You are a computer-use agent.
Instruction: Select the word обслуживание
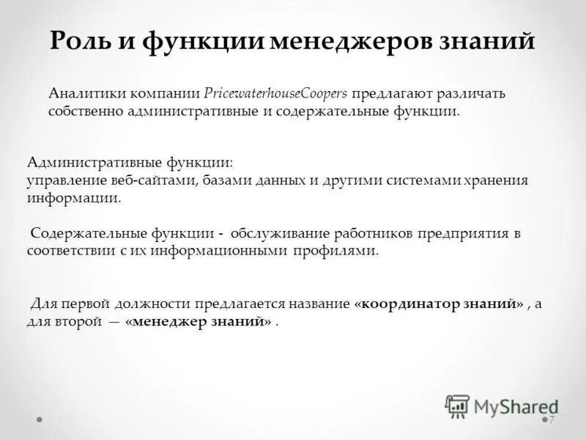click(x=281, y=234)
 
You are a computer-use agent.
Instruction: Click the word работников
click(x=374, y=234)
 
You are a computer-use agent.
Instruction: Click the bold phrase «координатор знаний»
click(x=439, y=304)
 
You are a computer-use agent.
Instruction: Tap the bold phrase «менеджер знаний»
click(x=199, y=320)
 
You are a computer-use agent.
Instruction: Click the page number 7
click(x=552, y=419)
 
